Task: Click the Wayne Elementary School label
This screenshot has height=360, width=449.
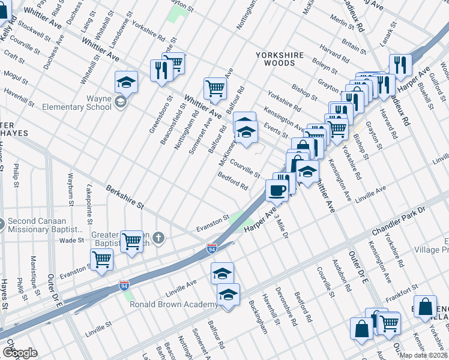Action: click(x=77, y=103)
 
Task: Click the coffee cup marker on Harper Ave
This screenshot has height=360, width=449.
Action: click(x=276, y=191)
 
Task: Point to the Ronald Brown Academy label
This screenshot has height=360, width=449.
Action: click(x=174, y=305)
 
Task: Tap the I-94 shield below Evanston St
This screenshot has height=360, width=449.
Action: click(x=212, y=248)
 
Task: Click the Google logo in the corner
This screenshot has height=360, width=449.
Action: click(x=20, y=353)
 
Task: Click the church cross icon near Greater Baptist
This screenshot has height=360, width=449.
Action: click(x=158, y=238)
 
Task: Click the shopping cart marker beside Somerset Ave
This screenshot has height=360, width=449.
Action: click(x=214, y=88)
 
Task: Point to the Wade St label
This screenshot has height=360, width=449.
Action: click(x=72, y=240)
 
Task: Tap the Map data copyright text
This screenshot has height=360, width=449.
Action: click(x=423, y=355)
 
